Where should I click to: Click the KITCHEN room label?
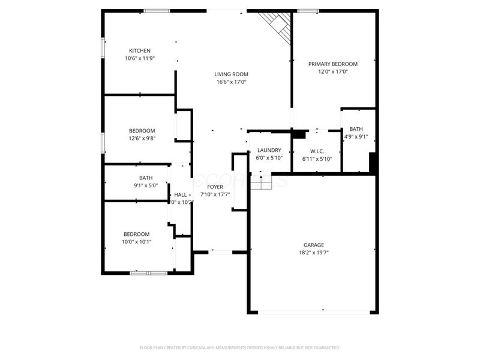140,50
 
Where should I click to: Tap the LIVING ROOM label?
231,74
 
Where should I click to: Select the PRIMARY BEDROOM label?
333,64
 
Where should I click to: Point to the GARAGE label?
313,245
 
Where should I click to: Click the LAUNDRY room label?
269,150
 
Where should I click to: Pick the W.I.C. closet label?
317,151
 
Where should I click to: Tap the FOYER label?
215,187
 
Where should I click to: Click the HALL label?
180,195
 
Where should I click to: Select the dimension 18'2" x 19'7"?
313,253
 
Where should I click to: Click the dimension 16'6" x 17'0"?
231,82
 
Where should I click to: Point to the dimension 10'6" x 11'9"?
140,58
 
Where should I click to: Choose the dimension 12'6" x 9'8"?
142,139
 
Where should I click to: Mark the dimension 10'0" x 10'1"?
137,242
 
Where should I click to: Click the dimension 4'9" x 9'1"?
356,137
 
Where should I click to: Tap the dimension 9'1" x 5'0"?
145,185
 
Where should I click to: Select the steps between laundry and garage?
262,180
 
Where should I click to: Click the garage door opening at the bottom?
313,311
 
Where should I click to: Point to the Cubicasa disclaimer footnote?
240,347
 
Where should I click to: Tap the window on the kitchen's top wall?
156,10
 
